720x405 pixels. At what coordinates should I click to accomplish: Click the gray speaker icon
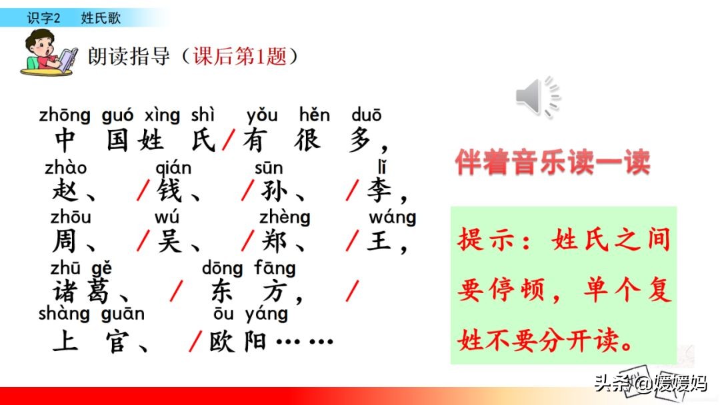pyautogui.click(x=537, y=97)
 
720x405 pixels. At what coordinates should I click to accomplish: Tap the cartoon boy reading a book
pyautogui.click(x=50, y=52)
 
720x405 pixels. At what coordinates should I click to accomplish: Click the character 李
pyautogui.click(x=379, y=192)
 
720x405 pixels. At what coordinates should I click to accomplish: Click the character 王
pyautogui.click(x=379, y=241)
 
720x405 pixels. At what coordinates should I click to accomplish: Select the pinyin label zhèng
pyautogui.click(x=285, y=217)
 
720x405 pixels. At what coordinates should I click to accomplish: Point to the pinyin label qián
pyautogui.click(x=173, y=169)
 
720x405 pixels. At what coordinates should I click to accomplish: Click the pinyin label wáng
pyautogui.click(x=392, y=217)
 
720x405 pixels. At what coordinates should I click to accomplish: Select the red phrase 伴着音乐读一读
pyautogui.click(x=552, y=163)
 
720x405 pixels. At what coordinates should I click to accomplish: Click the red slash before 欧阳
pyautogui.click(x=195, y=341)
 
